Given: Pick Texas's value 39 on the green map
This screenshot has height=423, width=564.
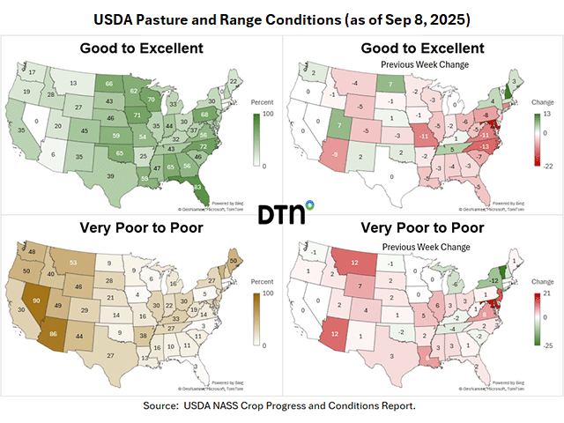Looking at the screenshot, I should pos(110,175).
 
